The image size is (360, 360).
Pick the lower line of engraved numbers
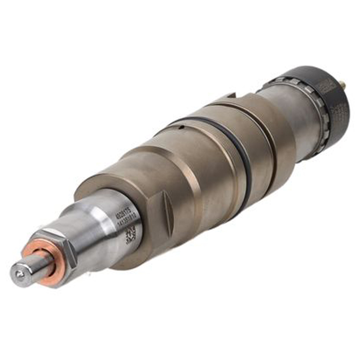[130, 221]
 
